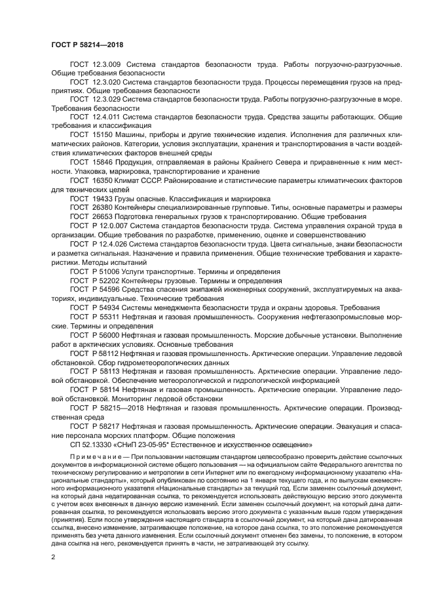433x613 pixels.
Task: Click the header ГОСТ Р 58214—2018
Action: click(x=87, y=45)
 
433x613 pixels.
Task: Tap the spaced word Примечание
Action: click(x=98, y=456)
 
